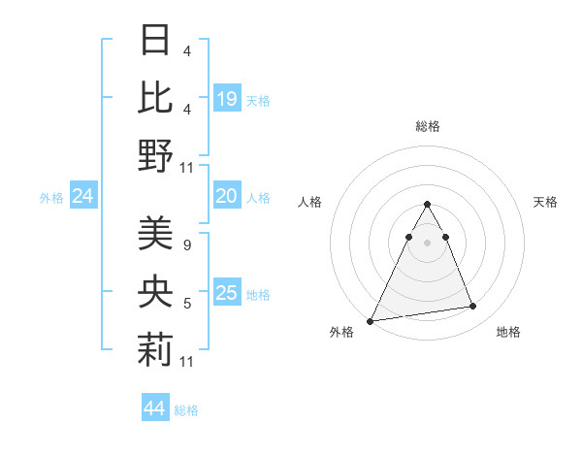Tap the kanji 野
pyautogui.click(x=156, y=155)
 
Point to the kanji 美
pyautogui.click(x=156, y=233)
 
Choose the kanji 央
pyautogui.click(x=156, y=291)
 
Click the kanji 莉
pyautogui.click(x=156, y=349)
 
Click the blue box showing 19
pyautogui.click(x=227, y=99)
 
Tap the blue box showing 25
pyautogui.click(x=227, y=293)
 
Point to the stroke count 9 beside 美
pyautogui.click(x=186, y=245)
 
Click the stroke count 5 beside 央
pyautogui.click(x=186, y=304)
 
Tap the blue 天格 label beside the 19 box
pyautogui.click(x=258, y=100)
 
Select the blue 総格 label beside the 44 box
pyautogui.click(x=186, y=410)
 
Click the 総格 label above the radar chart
pyautogui.click(x=428, y=126)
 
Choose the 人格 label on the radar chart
pyautogui.click(x=310, y=202)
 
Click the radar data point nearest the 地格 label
pyautogui.click(x=473, y=307)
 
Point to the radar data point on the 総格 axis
pyautogui.click(x=427, y=205)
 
